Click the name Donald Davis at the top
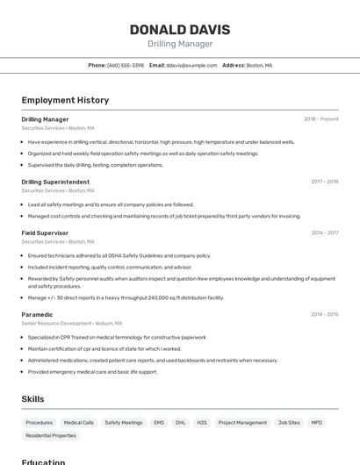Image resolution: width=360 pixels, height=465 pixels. (179, 29)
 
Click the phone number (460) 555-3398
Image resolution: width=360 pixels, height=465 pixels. (125, 65)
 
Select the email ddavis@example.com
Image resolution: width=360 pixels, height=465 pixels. (191, 65)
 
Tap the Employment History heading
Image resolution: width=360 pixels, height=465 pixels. (65, 100)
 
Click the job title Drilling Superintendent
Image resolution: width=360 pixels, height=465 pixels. (55, 182)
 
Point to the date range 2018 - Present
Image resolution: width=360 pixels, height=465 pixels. (320, 118)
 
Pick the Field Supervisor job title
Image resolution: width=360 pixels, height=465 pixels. (45, 232)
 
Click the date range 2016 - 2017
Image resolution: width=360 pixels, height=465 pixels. (324, 232)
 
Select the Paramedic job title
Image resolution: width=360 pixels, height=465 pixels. (37, 314)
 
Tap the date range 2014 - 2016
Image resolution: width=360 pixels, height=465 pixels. (324, 314)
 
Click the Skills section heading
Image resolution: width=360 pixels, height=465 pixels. (33, 399)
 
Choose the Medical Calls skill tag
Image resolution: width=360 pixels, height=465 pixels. (79, 422)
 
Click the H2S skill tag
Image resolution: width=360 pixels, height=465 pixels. (202, 422)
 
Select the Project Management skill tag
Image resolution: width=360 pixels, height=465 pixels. (242, 422)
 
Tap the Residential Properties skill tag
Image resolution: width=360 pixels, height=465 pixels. (51, 435)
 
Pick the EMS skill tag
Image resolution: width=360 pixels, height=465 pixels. (159, 422)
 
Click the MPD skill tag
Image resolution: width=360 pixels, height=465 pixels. (316, 422)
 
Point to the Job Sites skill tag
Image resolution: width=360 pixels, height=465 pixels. (289, 422)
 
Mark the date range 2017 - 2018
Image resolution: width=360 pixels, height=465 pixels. (324, 182)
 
